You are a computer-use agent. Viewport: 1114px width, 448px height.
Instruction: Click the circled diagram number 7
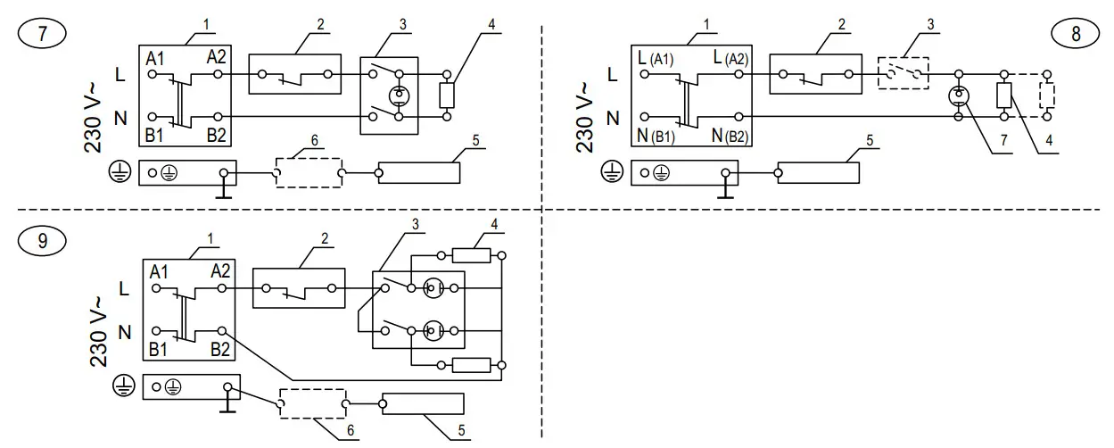tap(42, 33)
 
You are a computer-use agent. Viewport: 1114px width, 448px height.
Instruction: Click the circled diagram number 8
tap(1076, 33)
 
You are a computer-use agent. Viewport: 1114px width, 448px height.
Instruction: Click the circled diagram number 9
tap(42, 241)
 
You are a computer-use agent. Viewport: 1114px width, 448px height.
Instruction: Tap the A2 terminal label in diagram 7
tap(217, 57)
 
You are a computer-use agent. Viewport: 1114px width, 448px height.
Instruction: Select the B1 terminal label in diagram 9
tap(158, 350)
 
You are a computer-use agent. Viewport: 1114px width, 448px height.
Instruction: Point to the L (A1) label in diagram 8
tap(656, 58)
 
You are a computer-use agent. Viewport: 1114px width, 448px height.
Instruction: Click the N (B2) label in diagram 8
tap(730, 136)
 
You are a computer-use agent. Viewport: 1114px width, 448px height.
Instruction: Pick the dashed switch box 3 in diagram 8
tap(904, 73)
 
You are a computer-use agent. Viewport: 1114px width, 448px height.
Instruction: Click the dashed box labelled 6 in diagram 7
tap(309, 173)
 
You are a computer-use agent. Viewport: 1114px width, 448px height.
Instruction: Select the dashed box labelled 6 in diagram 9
tap(313, 403)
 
